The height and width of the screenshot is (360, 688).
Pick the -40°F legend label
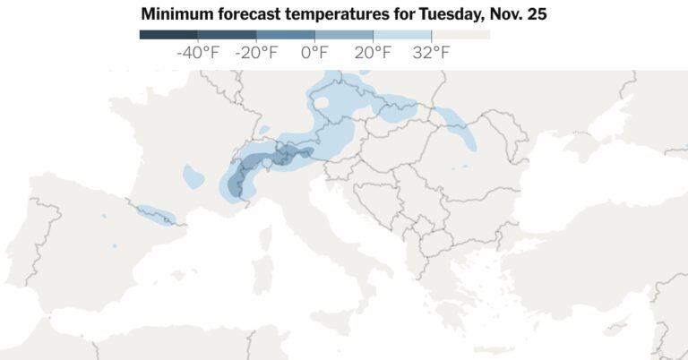coord(198,53)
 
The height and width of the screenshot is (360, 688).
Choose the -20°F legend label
coord(256,53)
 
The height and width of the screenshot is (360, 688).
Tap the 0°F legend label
coord(314,53)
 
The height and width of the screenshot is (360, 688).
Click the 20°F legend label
coord(373,53)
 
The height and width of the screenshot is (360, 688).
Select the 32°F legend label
coord(431,53)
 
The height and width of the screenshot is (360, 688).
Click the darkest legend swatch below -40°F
coord(168,35)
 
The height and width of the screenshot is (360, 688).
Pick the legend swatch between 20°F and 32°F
coord(402,35)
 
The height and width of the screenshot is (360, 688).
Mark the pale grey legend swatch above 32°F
coord(460,35)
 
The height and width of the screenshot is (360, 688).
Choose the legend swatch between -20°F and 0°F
coord(285,35)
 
